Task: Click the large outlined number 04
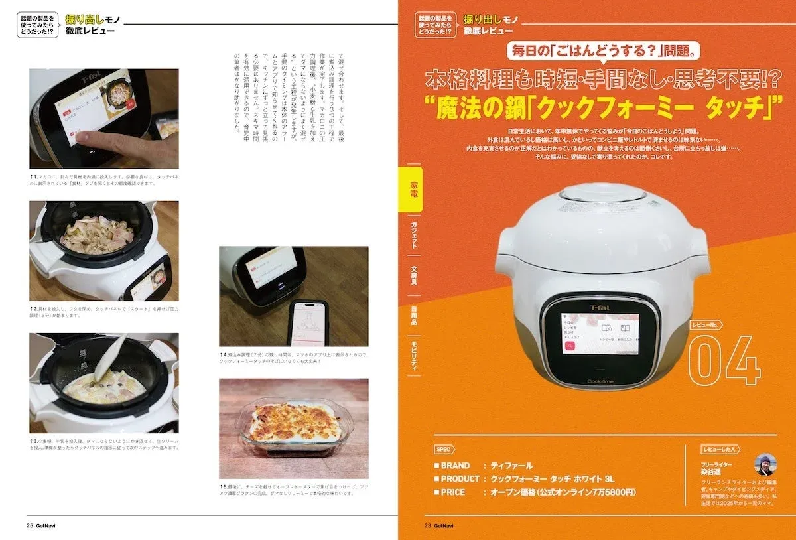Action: click(724, 362)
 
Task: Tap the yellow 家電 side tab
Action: click(413, 188)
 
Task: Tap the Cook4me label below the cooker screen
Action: click(599, 381)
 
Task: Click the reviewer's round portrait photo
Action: click(765, 464)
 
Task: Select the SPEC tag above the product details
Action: click(444, 449)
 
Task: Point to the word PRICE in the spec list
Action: click(453, 492)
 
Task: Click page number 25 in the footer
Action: click(30, 526)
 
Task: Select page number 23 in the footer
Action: click(428, 526)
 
